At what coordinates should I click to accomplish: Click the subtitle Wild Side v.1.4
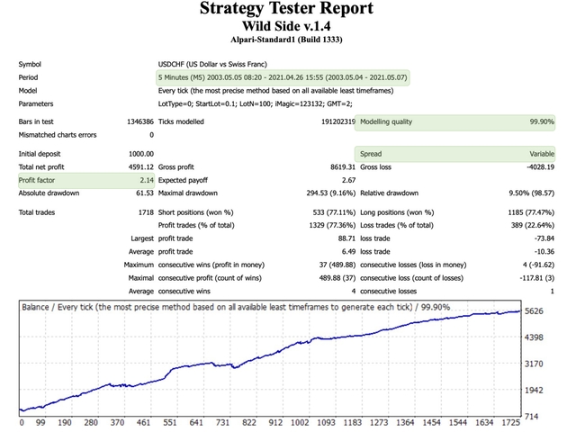coord(288,27)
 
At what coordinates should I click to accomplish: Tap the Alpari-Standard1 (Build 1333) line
coord(288,40)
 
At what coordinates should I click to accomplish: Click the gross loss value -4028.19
coord(539,167)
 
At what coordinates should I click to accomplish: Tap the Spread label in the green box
coord(371,154)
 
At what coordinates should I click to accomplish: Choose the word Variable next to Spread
coord(541,154)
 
